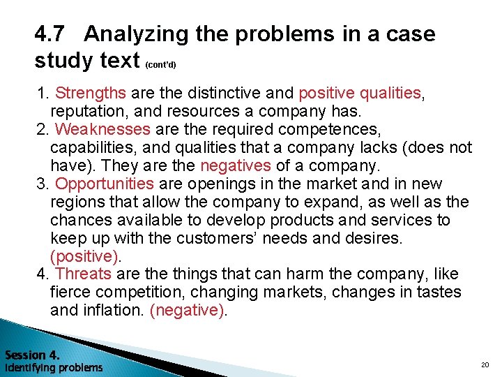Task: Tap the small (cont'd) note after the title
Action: click(161, 65)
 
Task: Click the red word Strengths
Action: click(91, 93)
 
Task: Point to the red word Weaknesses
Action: click(102, 129)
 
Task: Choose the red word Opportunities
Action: click(105, 184)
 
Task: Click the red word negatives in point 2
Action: click(235, 165)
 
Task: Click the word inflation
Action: click(114, 311)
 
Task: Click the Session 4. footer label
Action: click(32, 354)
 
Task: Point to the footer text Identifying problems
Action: click(54, 367)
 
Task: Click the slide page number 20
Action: click(485, 365)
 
